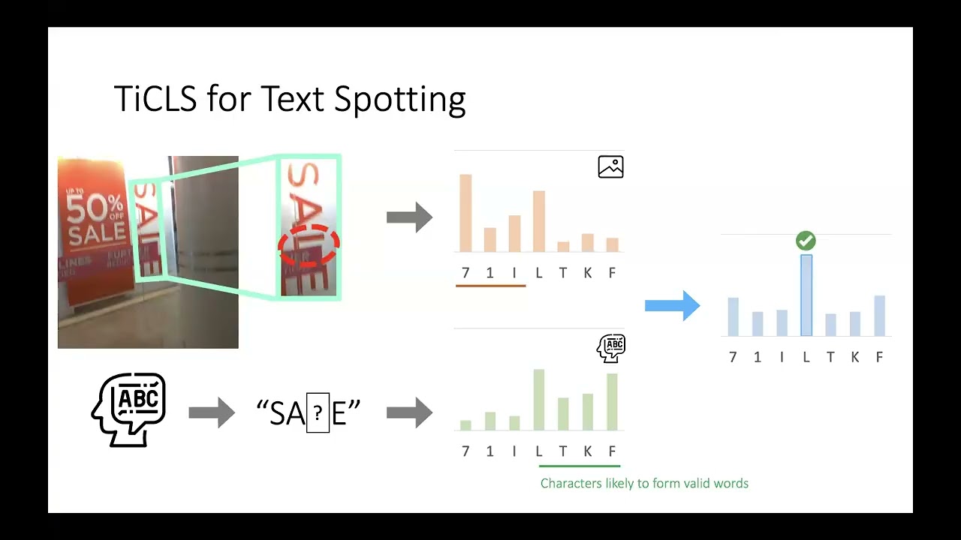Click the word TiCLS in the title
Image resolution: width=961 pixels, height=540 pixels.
click(x=155, y=99)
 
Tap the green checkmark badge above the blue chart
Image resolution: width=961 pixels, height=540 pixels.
click(x=806, y=241)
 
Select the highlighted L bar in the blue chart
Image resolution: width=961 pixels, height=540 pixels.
click(x=806, y=295)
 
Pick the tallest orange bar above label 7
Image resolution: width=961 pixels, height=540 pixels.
click(x=465, y=213)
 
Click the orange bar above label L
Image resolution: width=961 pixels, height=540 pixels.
click(x=539, y=221)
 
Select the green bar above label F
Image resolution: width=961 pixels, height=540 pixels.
click(x=612, y=401)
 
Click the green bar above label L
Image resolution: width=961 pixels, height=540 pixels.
click(x=539, y=400)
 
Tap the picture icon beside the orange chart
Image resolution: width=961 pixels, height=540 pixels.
click(x=610, y=166)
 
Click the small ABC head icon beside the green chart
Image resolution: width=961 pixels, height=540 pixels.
click(x=611, y=348)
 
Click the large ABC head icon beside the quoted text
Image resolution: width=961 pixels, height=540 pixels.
click(x=128, y=410)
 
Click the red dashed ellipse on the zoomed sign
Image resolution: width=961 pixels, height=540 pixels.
click(x=309, y=245)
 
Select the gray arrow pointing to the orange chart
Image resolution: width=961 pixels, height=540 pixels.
click(x=409, y=217)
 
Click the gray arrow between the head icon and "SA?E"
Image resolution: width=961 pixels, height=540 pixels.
click(x=212, y=412)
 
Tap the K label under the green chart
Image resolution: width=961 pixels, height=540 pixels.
click(x=588, y=451)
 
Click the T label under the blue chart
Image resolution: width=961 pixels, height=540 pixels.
click(x=830, y=357)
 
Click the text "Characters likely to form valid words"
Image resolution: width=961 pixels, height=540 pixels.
click(x=644, y=484)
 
